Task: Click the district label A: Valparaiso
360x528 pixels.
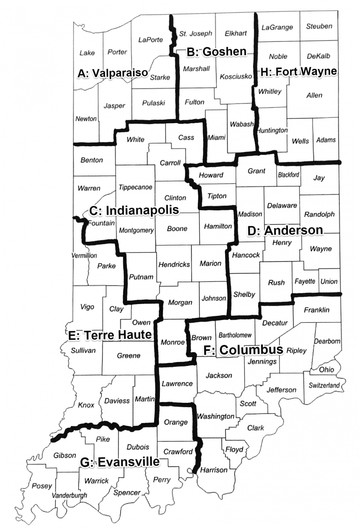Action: [112, 74]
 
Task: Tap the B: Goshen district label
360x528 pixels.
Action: [217, 52]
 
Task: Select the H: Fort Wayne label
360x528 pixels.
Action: [298, 72]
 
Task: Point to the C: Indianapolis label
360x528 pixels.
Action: [134, 210]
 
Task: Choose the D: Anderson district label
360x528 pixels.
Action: [285, 231]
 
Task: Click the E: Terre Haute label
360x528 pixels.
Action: [110, 335]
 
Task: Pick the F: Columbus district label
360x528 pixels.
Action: [243, 350]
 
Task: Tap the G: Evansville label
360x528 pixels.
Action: [120, 462]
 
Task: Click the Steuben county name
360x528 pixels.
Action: [319, 26]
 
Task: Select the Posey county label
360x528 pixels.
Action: [42, 486]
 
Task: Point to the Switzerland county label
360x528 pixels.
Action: [323, 385]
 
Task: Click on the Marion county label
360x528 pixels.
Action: [210, 263]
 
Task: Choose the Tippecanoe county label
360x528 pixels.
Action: [135, 187]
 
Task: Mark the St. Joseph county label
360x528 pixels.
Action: [196, 33]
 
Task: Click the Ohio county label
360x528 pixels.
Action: [327, 370]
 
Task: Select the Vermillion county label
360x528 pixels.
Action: [84, 255]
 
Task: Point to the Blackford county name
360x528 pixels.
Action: [288, 175]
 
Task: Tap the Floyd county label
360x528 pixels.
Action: [234, 450]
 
